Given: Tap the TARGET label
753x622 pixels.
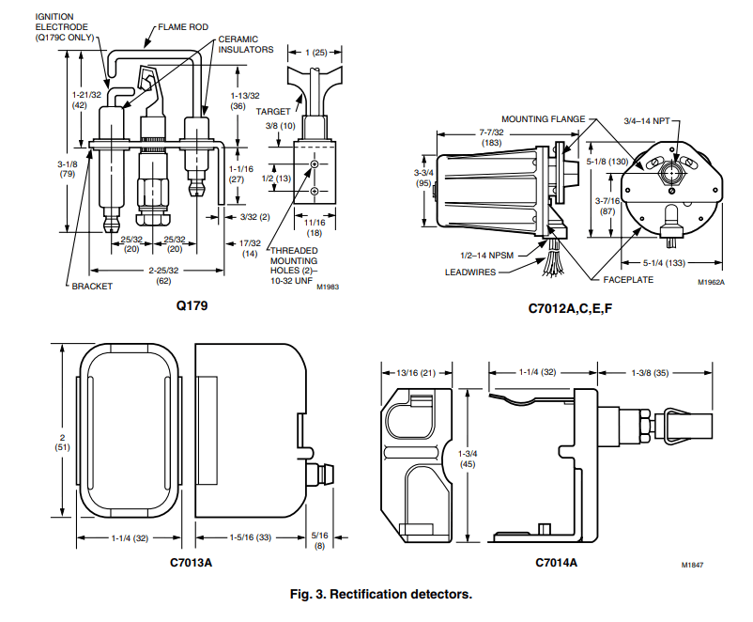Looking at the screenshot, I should click(273, 111).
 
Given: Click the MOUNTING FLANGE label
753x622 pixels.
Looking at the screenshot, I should click(543, 119).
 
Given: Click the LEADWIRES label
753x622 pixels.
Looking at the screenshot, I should click(471, 272).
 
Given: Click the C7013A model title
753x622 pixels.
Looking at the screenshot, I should click(192, 563).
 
